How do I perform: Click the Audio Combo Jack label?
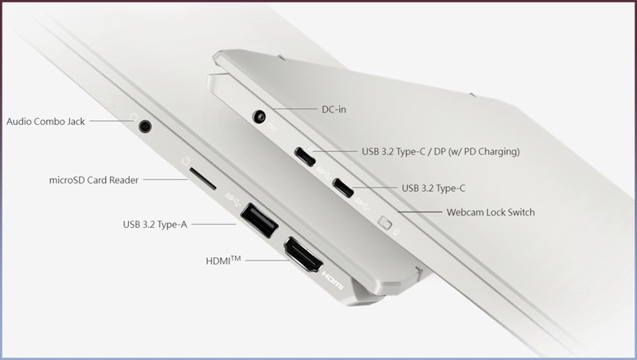(45, 122)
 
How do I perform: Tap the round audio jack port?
(145, 126)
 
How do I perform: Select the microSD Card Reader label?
(94, 180)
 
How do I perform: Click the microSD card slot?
(203, 179)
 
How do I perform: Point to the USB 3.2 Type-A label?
(154, 225)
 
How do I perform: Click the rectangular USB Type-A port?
(260, 221)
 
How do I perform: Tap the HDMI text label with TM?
(223, 260)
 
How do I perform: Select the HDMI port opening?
(303, 255)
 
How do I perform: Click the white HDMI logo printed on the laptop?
(333, 280)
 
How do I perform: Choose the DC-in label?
(334, 109)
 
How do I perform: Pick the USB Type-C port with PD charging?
(305, 157)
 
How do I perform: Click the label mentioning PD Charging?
(441, 151)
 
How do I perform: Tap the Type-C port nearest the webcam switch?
(343, 188)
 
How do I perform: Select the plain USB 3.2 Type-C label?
(433, 188)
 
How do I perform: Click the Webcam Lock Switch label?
(490, 212)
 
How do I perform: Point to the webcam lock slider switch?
(385, 223)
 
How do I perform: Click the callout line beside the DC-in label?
(295, 109)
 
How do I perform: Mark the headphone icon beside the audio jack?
(133, 117)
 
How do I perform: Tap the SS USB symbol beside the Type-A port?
(233, 198)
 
